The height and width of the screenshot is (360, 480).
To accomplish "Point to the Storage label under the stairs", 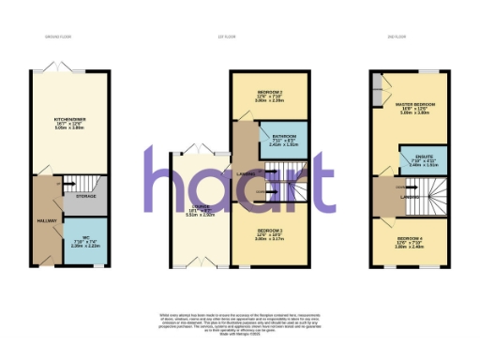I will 85,198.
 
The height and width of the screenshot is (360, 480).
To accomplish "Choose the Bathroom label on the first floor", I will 282,137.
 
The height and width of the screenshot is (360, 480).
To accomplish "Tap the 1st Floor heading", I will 239,37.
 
